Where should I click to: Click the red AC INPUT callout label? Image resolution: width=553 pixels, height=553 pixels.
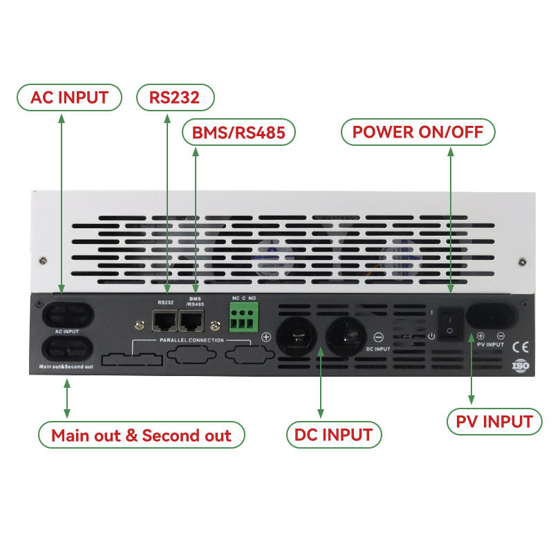pos(69,97)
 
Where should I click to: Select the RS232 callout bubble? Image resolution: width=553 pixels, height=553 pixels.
pos(174,97)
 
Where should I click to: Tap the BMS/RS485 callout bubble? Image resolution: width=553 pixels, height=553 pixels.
pos(238,132)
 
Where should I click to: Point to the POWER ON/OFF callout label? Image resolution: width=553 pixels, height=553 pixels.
pos(418,132)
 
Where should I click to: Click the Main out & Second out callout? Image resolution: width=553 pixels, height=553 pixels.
pos(141,435)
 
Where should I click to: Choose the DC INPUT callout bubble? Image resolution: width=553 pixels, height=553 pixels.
pos(333,435)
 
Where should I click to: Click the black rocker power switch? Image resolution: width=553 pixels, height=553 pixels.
pos(450,323)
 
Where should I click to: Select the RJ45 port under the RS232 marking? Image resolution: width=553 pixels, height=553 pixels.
pos(165,320)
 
